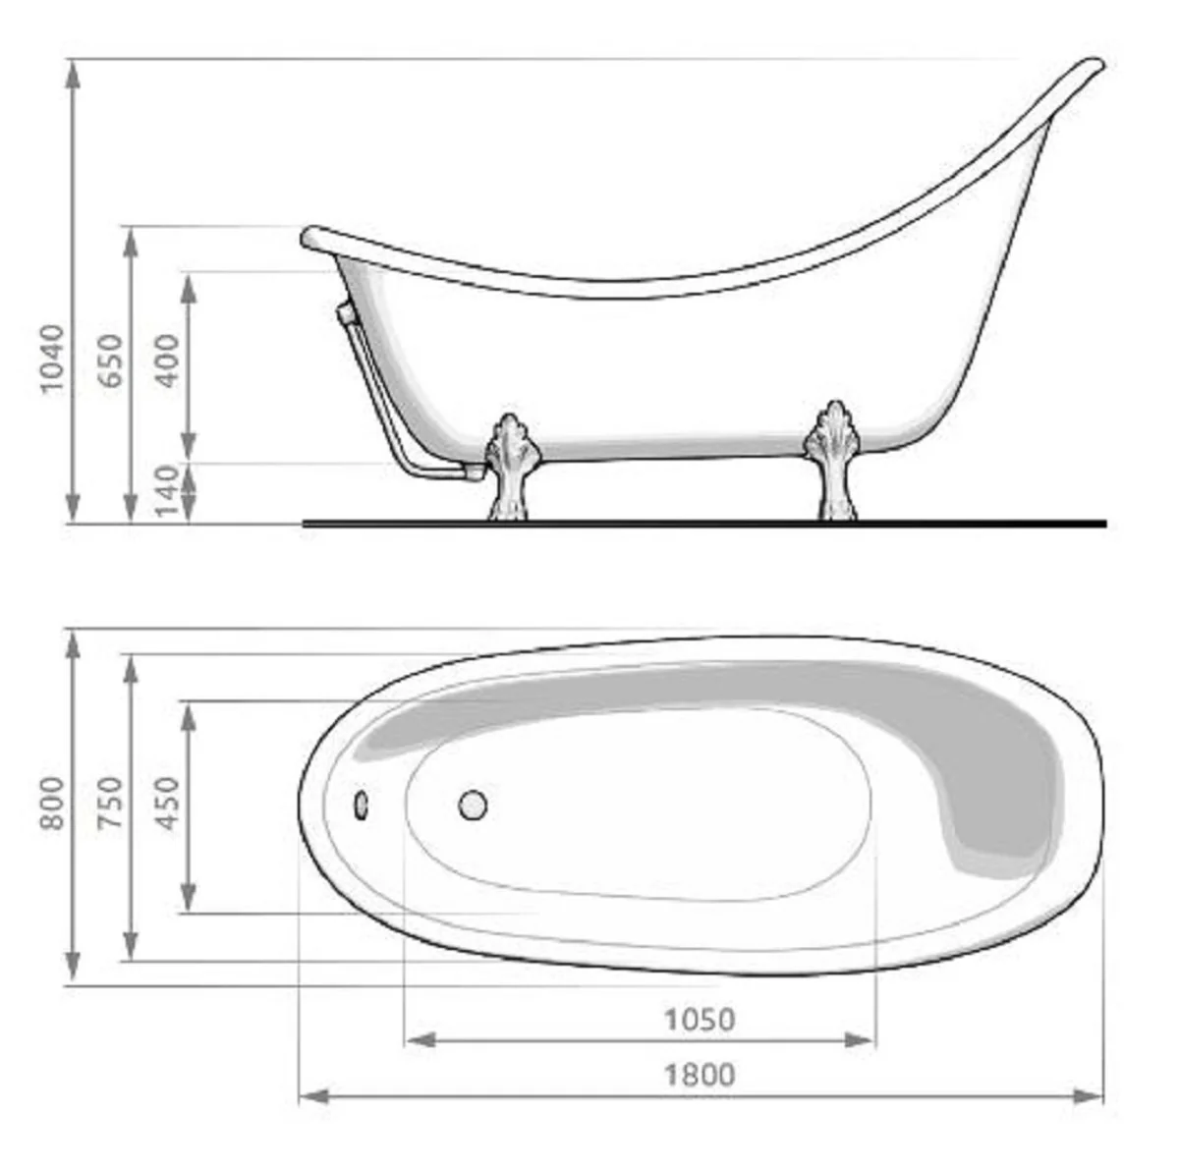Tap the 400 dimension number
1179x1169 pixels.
169,361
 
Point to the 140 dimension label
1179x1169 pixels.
170,491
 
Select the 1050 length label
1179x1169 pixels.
699,1020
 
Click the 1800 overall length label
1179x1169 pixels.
699,1075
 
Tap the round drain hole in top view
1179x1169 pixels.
473,806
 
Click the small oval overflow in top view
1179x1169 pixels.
362,806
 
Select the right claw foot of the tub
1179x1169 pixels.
832,462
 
